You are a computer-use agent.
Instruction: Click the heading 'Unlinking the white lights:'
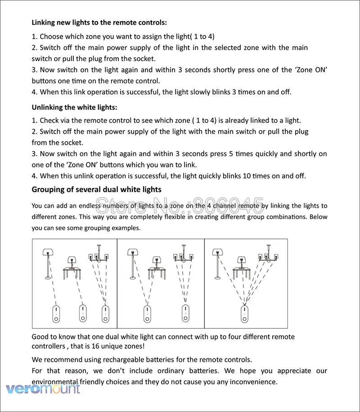point(74,107)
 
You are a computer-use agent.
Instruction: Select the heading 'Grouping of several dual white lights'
point(96,189)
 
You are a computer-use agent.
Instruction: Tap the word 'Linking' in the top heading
point(45,22)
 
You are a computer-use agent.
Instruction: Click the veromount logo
point(43,388)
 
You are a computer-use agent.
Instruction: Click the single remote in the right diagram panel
point(244,313)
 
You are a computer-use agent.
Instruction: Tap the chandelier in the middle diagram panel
point(182,255)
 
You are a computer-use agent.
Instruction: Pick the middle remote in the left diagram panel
point(82,313)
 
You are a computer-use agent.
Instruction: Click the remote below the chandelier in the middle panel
point(184,313)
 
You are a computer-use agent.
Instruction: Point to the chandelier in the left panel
point(99,255)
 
